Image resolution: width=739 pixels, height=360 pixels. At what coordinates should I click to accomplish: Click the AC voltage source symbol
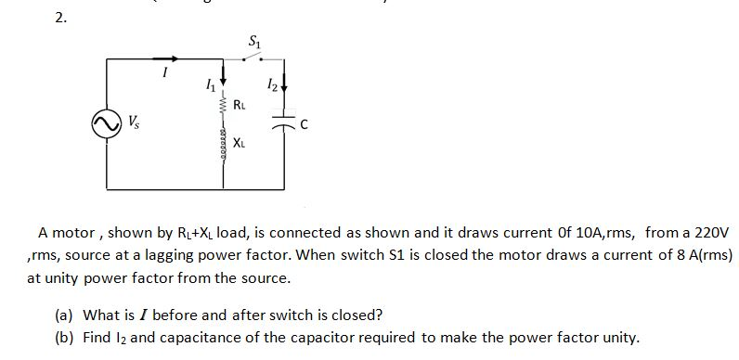[107, 122]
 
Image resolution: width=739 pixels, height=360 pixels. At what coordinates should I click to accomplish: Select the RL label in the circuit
[240, 104]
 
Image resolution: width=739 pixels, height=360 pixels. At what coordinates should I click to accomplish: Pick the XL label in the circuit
[240, 142]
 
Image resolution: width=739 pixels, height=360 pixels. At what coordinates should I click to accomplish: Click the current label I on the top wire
[164, 71]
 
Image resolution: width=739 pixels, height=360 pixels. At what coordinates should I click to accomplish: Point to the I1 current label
[208, 85]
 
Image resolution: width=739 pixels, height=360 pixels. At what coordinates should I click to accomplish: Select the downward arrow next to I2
[283, 90]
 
